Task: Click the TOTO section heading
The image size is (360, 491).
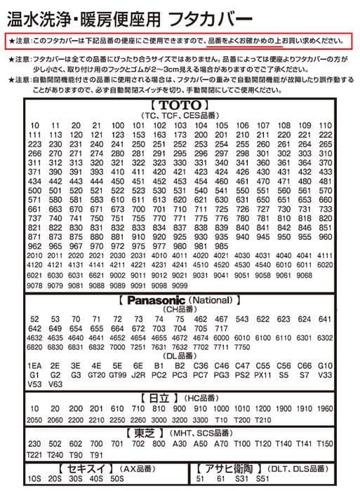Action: click(x=180, y=106)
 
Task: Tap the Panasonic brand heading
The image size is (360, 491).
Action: click(x=163, y=300)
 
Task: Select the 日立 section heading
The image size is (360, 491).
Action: click(x=159, y=398)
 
